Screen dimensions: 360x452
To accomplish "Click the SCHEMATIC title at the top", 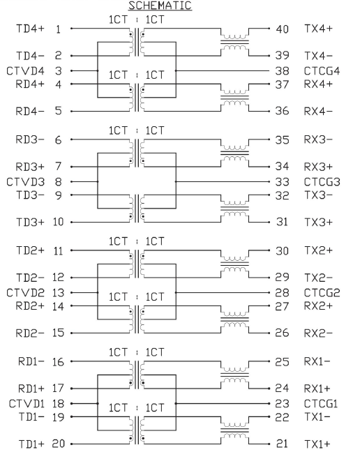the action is pos(160,6).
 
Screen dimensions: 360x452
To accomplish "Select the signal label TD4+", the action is pos(30,29).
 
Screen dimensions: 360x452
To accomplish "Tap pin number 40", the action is pos(282,29).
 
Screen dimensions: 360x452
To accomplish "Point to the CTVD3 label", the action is pos(26,182).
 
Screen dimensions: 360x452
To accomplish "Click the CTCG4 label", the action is pos(322,71).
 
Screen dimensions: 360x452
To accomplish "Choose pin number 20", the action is pos(58,444).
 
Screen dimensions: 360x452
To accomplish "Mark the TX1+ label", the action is pos(317,444).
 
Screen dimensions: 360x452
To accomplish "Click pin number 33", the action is pos(282,182).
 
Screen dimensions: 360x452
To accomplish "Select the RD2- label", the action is pos(30,333).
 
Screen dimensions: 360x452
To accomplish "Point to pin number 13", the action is pos(58,293).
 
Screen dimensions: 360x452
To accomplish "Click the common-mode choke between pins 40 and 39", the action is pos(234,42).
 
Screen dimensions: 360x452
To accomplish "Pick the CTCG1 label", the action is pos(321,404).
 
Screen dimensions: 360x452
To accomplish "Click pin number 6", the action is pos(58,140).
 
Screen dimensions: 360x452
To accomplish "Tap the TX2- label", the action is pos(319,278).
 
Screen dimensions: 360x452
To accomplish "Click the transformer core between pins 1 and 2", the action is pos(137,42).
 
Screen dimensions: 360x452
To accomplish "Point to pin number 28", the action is pos(282,293).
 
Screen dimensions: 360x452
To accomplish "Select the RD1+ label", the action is pos(31,389).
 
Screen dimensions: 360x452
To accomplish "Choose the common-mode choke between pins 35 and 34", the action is pos(234,153).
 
